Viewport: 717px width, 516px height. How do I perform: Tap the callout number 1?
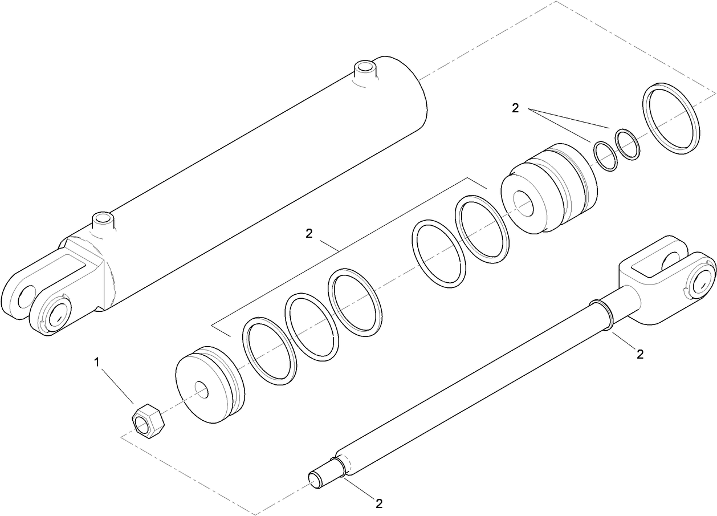[97, 361]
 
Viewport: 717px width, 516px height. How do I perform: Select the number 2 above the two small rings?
[515, 108]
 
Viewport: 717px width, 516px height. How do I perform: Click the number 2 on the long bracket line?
[309, 233]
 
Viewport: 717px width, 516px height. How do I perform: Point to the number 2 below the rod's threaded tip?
[378, 503]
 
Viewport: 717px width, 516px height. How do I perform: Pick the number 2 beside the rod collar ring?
[639, 354]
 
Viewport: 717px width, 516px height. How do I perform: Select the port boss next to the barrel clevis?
[103, 220]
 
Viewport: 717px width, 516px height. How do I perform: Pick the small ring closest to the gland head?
[605, 155]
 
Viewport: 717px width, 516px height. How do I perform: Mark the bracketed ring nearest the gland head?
[482, 229]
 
